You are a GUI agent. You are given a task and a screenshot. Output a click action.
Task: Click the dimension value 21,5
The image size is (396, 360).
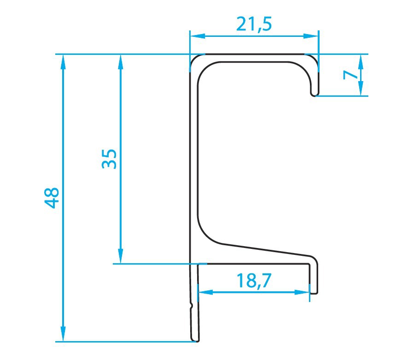tap(254, 24)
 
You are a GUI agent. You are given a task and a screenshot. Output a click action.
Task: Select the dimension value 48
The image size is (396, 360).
tap(52, 198)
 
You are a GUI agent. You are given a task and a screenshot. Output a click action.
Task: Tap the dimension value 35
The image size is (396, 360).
tap(109, 159)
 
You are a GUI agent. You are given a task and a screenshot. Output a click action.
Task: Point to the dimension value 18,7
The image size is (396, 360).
tap(254, 280)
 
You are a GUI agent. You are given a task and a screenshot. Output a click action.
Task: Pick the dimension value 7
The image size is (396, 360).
tap(350, 75)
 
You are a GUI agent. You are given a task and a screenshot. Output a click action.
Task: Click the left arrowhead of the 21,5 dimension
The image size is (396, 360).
tap(197, 36)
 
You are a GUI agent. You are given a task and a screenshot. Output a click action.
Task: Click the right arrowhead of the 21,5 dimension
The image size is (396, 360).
tap(311, 36)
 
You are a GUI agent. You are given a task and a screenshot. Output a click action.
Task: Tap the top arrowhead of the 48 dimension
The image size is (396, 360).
tap(63, 62)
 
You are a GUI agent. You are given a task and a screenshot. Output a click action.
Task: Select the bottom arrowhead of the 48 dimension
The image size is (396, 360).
tap(63, 334)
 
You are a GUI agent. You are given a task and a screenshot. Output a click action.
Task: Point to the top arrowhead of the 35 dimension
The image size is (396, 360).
tap(121, 62)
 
